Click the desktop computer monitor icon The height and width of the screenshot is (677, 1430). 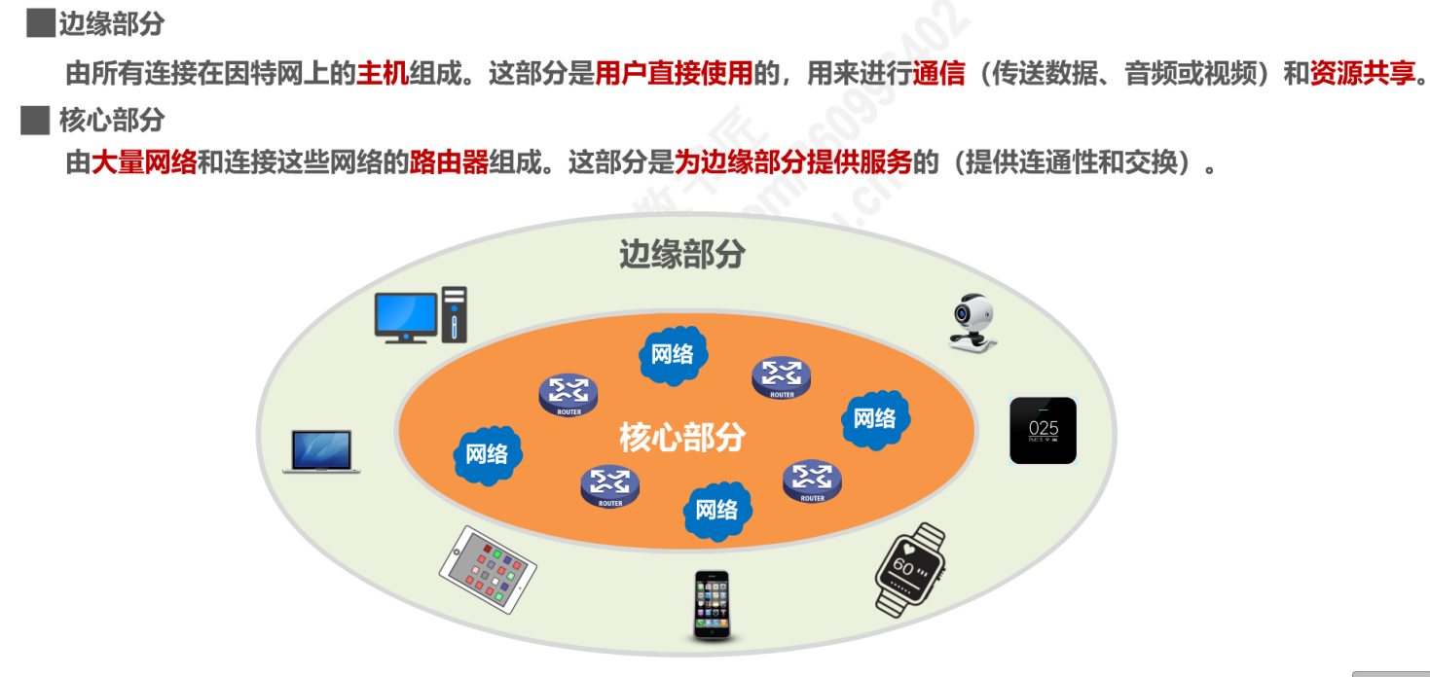407,315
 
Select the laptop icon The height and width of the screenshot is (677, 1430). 322,451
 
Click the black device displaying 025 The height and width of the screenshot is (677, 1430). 1043,430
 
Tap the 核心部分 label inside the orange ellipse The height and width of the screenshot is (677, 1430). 681,438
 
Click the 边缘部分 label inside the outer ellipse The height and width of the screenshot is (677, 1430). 682,254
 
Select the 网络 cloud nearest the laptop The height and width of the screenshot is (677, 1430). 487,453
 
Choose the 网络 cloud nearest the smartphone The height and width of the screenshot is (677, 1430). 716,509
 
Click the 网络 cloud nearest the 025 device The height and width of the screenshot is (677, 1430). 874,419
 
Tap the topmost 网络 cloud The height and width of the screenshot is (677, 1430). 673,353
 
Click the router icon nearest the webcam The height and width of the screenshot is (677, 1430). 781,376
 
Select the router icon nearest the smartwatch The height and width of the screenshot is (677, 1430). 812,481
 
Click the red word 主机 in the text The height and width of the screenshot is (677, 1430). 383,74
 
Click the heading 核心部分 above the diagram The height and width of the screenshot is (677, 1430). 112,121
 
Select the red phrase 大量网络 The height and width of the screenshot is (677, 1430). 144,161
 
